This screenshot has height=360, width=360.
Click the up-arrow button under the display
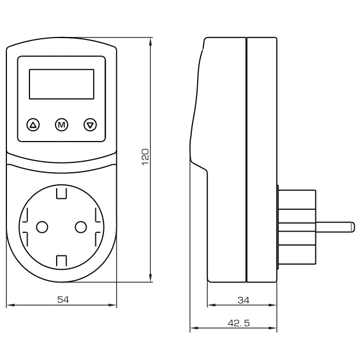[x=34, y=125]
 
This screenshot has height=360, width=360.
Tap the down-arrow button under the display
[x=90, y=125]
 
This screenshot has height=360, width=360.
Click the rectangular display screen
[x=61, y=84]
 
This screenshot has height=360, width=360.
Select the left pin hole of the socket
[x=42, y=227]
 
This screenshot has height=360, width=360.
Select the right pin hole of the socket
[x=81, y=227]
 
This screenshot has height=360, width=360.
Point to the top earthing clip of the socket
[x=61, y=193]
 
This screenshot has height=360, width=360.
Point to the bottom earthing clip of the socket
[x=61, y=261]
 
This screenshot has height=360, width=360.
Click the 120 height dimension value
[x=146, y=157]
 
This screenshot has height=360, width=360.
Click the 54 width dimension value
[x=63, y=300]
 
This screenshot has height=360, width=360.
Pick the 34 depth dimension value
[x=243, y=300]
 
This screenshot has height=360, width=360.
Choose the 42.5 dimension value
[x=239, y=323]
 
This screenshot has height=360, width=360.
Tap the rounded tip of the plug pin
[x=352, y=227]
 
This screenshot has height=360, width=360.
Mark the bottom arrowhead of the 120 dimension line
[x=151, y=278]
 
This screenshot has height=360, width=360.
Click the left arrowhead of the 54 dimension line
[x=10, y=305]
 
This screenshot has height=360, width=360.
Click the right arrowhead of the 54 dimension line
[x=113, y=305]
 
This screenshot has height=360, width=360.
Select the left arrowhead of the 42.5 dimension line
[x=195, y=328]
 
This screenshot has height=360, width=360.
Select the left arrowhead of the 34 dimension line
[x=211, y=305]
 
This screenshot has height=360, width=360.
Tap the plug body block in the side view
[x=297, y=227]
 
